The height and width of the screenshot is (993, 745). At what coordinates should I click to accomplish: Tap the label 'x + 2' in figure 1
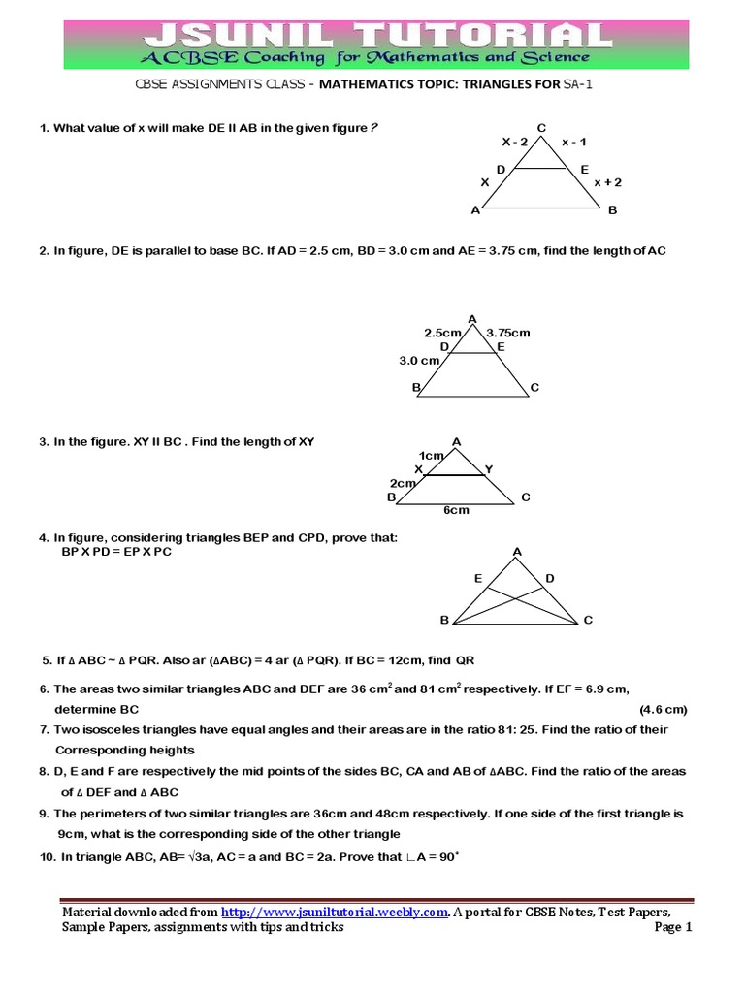click(x=608, y=182)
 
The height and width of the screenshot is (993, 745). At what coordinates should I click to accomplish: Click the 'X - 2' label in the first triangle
click(x=515, y=142)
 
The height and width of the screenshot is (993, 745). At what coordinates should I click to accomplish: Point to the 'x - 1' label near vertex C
click(x=573, y=142)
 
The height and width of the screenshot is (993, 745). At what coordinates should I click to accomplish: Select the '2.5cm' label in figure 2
click(x=441, y=332)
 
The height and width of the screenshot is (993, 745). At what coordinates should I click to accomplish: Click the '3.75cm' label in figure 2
click(x=508, y=332)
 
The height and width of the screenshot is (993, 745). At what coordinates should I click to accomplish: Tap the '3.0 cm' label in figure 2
click(x=419, y=360)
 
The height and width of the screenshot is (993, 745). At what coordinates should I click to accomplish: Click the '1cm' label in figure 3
click(x=431, y=455)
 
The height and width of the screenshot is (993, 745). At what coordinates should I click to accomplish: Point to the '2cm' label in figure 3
click(x=403, y=483)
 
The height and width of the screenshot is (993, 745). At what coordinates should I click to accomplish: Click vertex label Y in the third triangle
click(x=489, y=469)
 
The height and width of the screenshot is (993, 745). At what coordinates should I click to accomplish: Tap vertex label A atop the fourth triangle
click(x=517, y=552)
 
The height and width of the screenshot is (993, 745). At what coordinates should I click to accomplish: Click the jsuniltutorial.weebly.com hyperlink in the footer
click(x=335, y=913)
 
